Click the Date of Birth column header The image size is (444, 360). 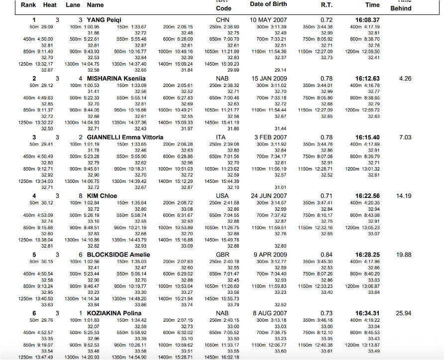268,4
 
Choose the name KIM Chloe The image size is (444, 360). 102,196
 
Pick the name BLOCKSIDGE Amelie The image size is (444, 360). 118,255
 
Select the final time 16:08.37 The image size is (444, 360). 367,20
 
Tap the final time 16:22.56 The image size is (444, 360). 367,196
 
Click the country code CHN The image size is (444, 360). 222,20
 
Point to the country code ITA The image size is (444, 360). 221,137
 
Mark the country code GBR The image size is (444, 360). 222,255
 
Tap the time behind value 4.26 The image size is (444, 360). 405,79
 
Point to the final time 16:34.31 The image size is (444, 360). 367,313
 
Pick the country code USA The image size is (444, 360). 222,196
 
